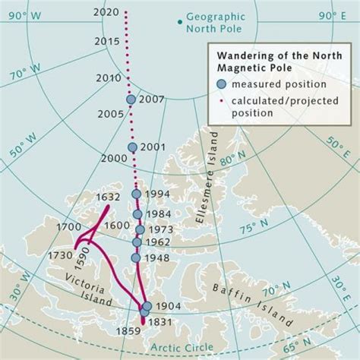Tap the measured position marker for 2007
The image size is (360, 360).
coord(131,99)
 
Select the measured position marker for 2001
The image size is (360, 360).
coord(133,147)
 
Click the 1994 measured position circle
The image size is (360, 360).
coord(137,194)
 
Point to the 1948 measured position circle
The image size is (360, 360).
coord(136,258)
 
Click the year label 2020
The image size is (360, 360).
coord(104,13)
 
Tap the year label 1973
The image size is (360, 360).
coord(160,229)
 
